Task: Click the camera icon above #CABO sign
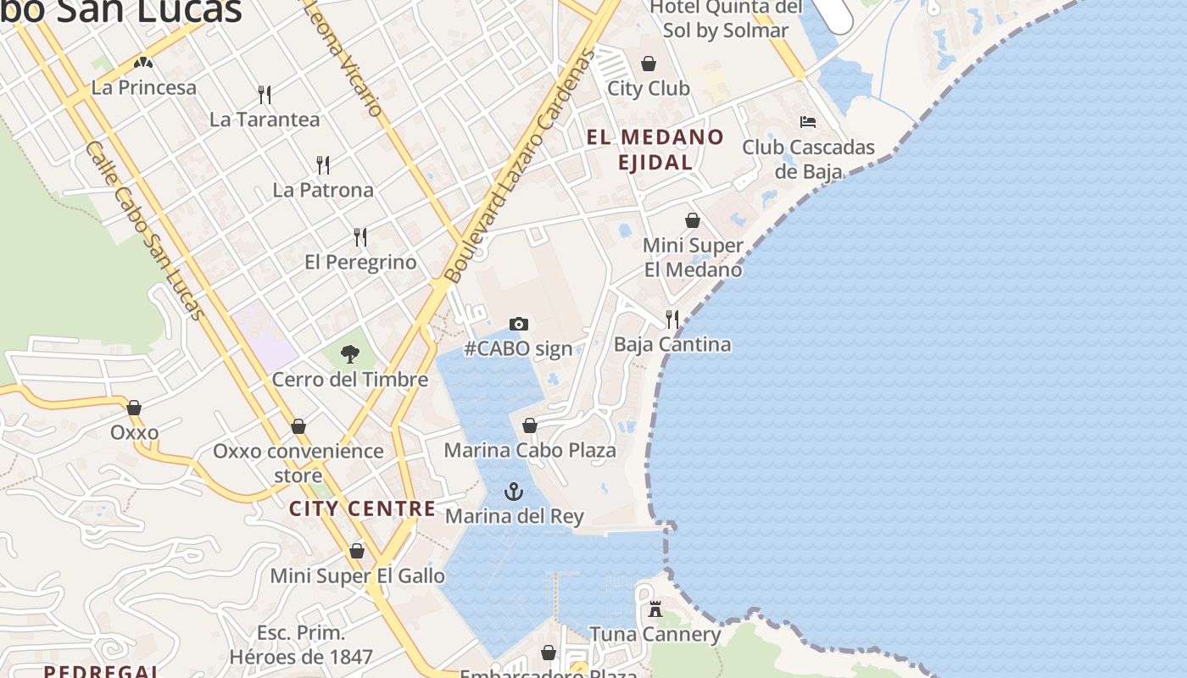[519, 324]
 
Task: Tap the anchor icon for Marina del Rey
[514, 491]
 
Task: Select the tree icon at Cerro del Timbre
[349, 354]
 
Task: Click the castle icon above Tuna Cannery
[655, 609]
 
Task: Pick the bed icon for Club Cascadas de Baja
[808, 122]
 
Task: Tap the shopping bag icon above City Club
[649, 64]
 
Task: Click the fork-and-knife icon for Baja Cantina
[672, 320]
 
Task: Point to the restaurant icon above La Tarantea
[265, 94]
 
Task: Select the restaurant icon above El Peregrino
[360, 236]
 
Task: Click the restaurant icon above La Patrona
[323, 164]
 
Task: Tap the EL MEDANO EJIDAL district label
[655, 149]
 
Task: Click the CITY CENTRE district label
[362, 508]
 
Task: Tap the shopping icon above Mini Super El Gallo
[357, 551]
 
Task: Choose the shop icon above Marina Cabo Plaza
[530, 425]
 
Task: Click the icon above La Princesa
[143, 63]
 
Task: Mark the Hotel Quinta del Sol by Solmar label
[726, 19]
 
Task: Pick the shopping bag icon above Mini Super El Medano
[693, 220]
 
